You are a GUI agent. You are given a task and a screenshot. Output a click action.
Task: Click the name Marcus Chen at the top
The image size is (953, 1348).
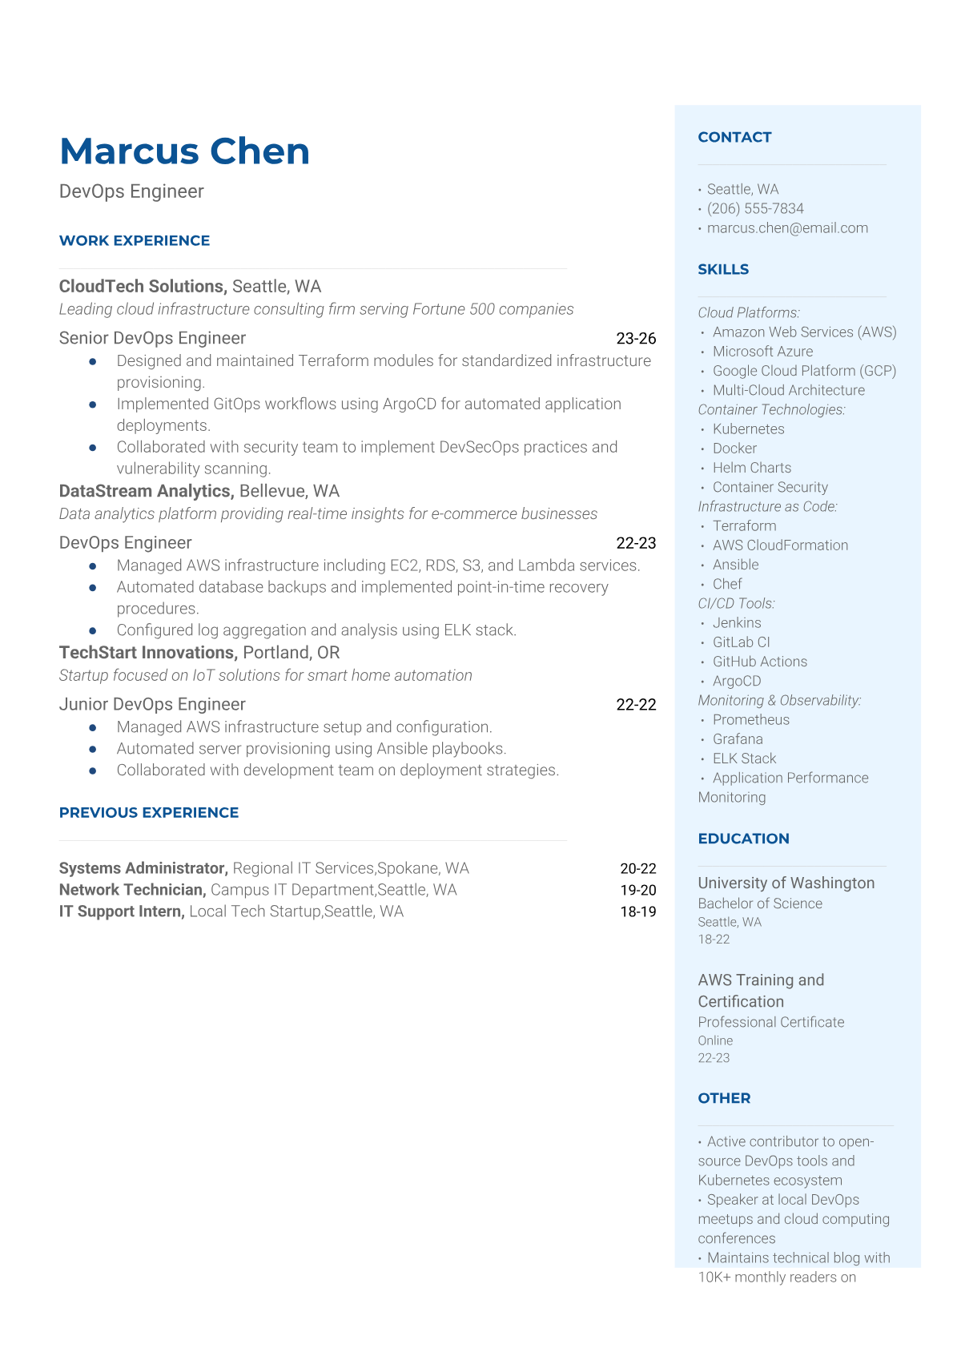(x=184, y=151)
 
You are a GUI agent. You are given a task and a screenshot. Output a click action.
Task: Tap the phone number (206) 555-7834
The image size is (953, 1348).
(x=754, y=208)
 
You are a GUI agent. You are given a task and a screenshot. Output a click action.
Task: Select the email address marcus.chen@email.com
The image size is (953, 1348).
(x=786, y=227)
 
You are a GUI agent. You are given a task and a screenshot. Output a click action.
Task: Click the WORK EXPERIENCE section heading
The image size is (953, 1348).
(x=135, y=240)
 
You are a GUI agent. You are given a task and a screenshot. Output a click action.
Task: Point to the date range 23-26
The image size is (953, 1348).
(x=636, y=338)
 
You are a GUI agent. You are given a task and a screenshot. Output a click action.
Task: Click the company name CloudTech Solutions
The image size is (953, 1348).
(x=143, y=286)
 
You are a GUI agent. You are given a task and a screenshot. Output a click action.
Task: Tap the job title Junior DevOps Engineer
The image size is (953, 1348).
(x=152, y=704)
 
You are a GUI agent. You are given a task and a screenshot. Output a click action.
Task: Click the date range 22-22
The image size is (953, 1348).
(x=636, y=705)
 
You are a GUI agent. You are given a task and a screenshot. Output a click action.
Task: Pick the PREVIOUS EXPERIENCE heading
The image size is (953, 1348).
(x=149, y=812)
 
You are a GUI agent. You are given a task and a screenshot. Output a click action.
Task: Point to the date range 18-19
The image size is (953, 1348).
(x=637, y=911)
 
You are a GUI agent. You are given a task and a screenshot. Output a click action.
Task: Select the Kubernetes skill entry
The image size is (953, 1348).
(x=748, y=429)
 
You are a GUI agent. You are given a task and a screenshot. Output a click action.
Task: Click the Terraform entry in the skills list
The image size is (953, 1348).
(x=744, y=525)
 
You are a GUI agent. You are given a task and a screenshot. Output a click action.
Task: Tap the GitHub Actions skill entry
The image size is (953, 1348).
(x=759, y=662)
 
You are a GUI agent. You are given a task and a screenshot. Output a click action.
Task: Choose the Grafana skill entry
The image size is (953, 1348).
(x=738, y=739)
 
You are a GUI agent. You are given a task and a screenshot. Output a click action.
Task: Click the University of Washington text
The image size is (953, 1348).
(x=786, y=883)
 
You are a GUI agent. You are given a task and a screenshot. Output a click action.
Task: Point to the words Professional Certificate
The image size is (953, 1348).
(x=770, y=1022)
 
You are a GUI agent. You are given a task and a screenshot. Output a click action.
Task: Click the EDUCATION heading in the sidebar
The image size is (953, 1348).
(x=743, y=839)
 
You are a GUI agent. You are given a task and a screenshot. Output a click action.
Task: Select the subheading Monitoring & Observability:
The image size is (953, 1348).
(x=779, y=700)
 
